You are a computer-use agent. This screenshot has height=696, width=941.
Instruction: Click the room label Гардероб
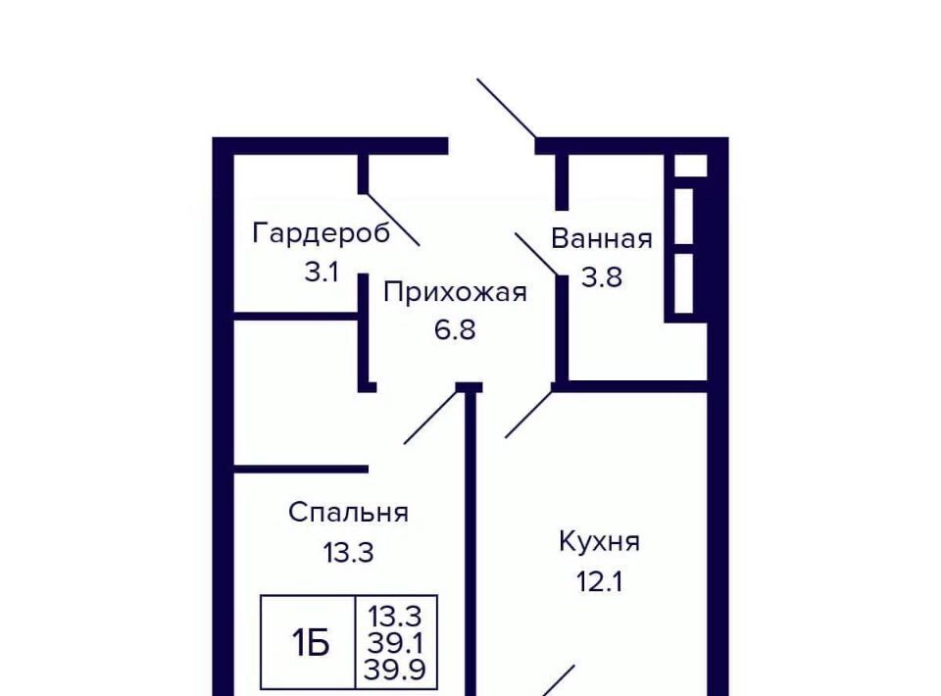322,233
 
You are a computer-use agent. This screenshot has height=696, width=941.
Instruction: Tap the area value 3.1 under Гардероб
322,273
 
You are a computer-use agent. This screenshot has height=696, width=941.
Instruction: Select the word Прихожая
455,293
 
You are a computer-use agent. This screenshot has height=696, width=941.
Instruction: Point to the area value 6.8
455,329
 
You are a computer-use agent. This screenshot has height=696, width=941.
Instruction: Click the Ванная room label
601,238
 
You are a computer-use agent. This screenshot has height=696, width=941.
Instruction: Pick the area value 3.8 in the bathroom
601,277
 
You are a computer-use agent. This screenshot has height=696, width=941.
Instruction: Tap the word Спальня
348,513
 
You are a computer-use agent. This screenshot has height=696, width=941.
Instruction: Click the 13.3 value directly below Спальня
348,552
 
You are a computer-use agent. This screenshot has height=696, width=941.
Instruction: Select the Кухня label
599,542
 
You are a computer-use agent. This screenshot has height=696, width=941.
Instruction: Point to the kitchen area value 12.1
599,581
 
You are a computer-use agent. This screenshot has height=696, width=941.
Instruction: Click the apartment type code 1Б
311,643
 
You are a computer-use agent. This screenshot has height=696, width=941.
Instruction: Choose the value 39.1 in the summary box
395,644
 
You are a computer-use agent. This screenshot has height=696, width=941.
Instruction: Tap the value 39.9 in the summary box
395,669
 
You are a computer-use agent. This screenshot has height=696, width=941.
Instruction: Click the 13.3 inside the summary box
395,617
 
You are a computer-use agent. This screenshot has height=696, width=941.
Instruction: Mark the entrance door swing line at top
507,109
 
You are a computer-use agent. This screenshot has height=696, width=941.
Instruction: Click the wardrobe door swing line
392,219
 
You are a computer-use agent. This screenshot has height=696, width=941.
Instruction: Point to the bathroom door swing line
538,255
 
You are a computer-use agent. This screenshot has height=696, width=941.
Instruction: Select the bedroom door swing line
431,418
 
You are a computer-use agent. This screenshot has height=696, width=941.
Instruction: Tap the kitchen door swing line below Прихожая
528,415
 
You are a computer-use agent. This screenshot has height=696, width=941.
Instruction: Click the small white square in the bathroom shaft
691,165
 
